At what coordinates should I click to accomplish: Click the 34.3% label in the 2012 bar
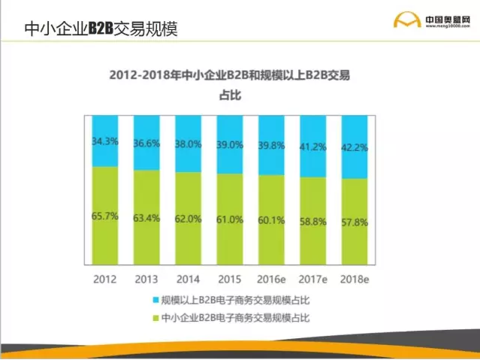click(105, 141)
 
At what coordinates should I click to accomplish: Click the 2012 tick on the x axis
click(105, 279)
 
